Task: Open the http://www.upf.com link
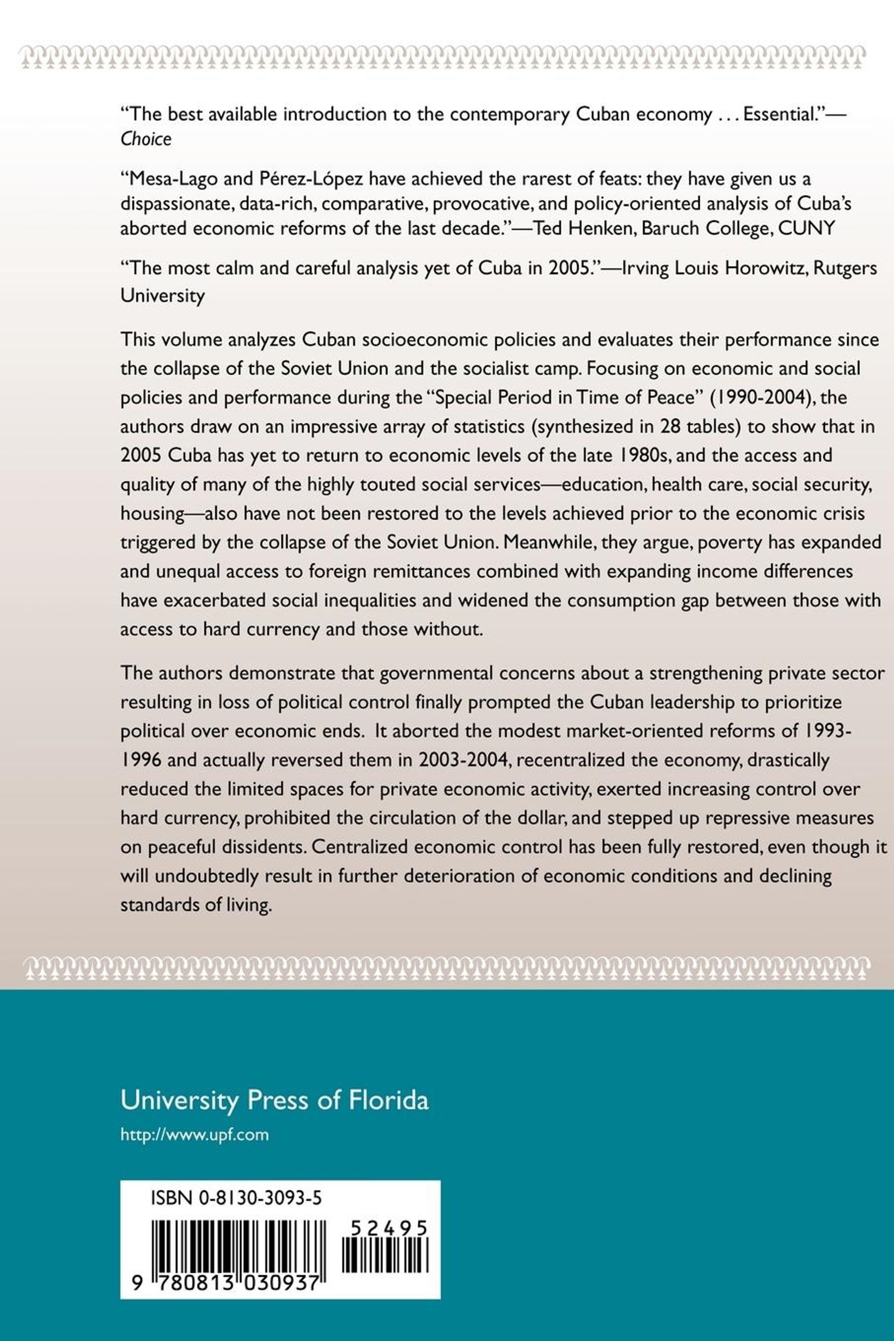(194, 1134)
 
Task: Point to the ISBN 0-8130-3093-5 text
(236, 1198)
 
